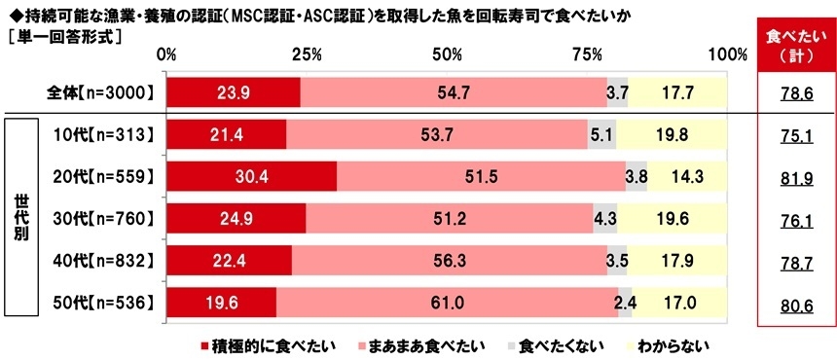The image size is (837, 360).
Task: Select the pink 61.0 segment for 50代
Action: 447,303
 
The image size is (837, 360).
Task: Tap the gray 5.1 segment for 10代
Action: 601,134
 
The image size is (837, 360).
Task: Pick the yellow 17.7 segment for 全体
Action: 677,92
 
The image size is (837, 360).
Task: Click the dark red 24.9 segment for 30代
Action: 236,218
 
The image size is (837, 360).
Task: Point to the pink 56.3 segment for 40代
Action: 449,260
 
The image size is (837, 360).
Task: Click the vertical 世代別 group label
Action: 20,218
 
